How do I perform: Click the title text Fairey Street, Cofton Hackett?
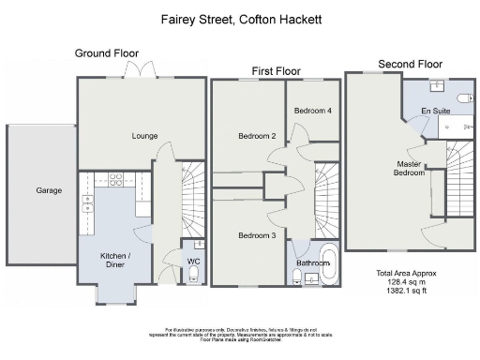coord(239,19)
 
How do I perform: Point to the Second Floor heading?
coord(410,64)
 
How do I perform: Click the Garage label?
coord(49,190)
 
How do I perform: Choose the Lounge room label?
coord(144,136)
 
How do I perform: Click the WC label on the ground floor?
coord(193,261)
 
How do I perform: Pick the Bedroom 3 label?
coord(256,235)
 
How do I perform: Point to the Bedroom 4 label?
coord(312,111)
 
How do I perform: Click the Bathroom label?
coord(313,263)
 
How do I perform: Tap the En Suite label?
coord(437,112)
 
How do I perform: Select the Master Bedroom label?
coord(409,169)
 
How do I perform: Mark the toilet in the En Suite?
coord(462,97)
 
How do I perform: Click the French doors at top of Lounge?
coord(142,73)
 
